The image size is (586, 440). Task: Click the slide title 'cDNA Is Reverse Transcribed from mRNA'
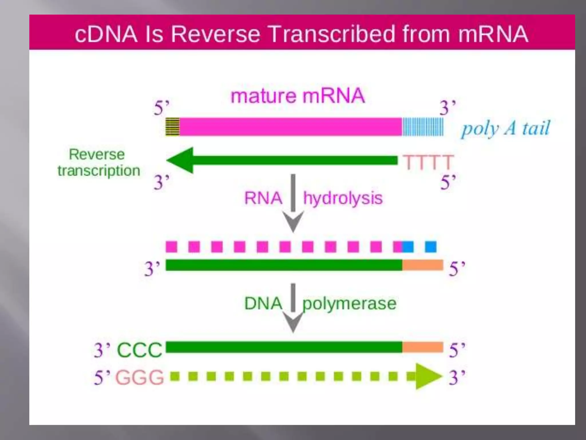301,34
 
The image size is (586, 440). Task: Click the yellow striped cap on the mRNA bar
173,127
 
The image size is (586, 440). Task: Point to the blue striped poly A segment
423,127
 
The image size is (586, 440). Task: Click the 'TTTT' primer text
428,162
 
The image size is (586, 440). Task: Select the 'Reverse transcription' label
98,162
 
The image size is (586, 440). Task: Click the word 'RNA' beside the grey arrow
263,198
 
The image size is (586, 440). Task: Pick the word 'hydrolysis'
343,198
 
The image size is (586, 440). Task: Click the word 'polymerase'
349,304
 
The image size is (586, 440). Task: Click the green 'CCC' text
140,350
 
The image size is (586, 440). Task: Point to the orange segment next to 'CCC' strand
423,347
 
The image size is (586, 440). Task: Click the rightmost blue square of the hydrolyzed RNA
431,247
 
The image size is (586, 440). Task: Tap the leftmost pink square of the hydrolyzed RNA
171,247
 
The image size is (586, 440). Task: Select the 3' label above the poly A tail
447,108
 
